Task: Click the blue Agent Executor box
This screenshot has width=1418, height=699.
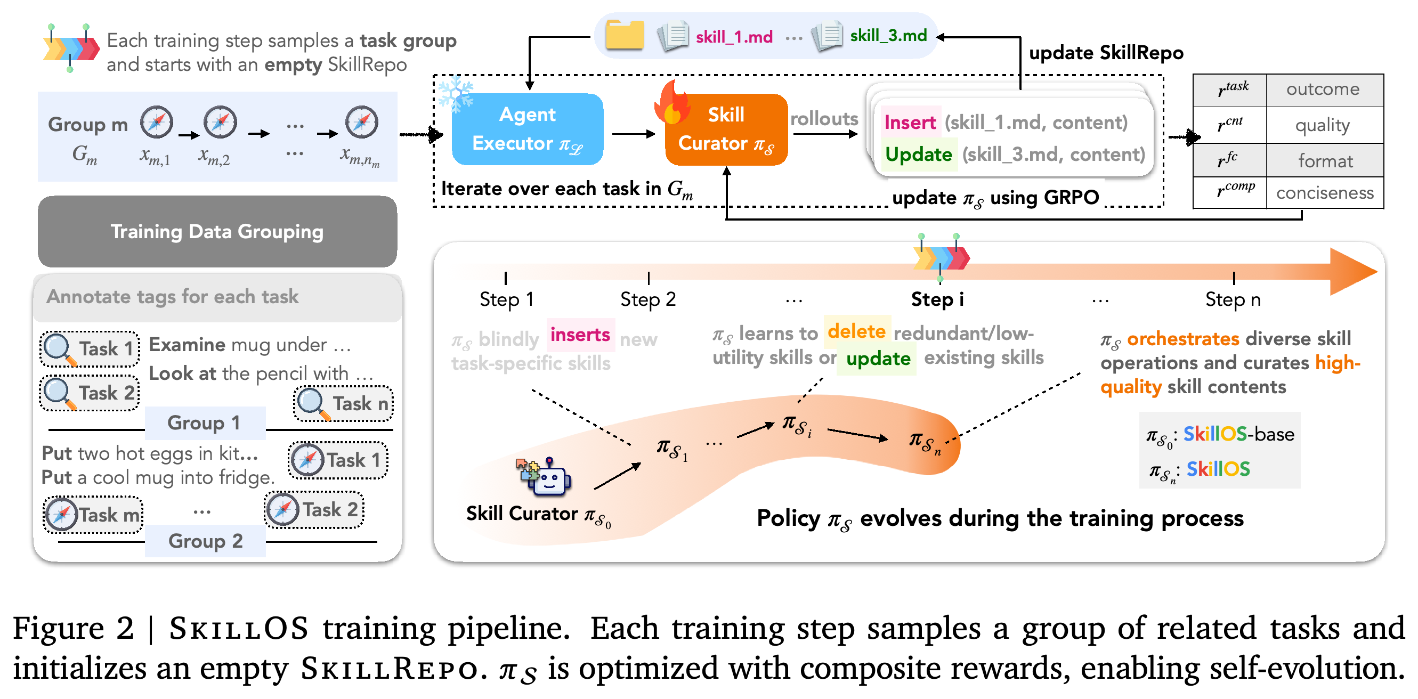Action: point(528,129)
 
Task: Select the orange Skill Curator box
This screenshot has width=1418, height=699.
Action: point(726,129)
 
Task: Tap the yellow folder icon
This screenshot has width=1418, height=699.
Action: point(625,35)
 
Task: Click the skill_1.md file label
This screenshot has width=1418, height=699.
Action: point(734,37)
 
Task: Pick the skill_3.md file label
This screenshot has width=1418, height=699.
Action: point(888,36)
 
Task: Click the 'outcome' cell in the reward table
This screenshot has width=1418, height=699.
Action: point(1323,89)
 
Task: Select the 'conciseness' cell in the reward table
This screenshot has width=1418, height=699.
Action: point(1325,193)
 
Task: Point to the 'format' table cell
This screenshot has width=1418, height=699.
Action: point(1325,161)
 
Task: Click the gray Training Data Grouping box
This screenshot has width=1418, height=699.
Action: point(217,232)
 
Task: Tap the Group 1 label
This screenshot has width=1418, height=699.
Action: point(204,422)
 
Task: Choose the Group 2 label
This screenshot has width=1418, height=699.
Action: point(205,541)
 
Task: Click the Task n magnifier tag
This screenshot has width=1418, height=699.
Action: point(344,403)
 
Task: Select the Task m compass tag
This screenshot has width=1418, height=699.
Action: point(93,515)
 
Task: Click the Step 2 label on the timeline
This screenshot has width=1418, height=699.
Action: point(648,299)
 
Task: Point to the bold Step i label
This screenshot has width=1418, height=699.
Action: point(937,299)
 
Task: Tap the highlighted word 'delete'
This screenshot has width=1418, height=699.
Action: point(856,331)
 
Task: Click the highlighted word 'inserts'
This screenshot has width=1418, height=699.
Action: point(580,335)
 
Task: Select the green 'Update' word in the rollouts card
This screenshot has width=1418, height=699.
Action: point(919,155)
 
